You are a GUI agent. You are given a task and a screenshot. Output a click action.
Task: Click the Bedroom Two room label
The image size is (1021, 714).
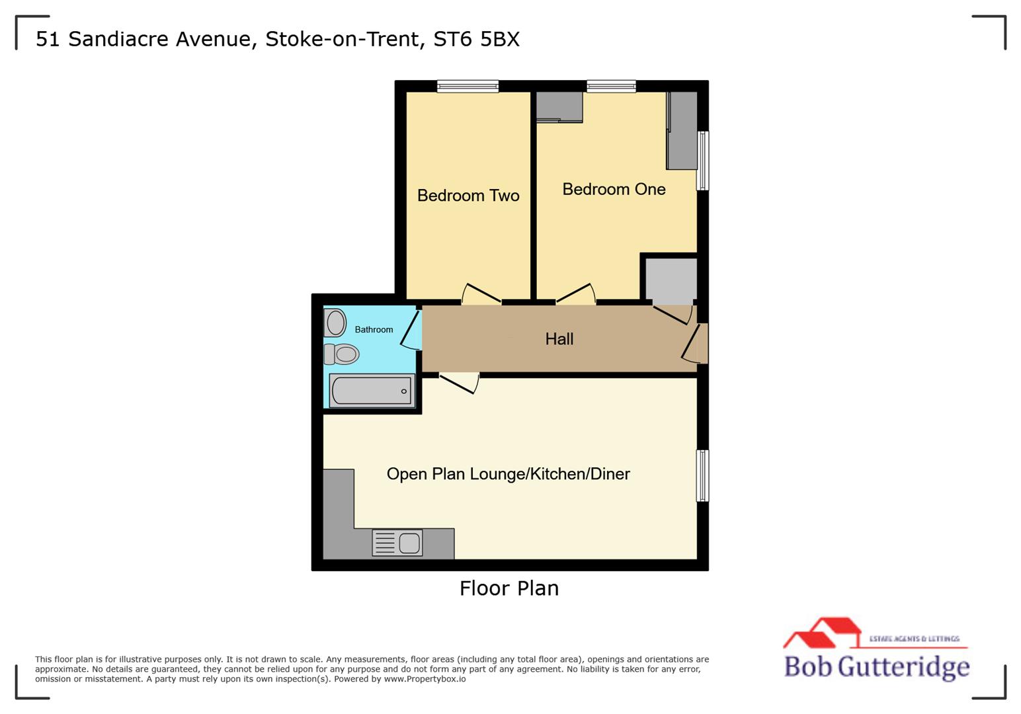[468, 196]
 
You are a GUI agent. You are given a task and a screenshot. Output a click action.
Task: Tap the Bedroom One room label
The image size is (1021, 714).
[614, 189]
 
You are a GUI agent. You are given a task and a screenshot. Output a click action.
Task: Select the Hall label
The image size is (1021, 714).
[559, 339]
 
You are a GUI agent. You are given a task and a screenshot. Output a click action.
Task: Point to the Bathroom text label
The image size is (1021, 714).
[374, 329]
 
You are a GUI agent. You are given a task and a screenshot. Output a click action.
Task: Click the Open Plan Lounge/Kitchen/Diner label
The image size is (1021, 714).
[508, 474]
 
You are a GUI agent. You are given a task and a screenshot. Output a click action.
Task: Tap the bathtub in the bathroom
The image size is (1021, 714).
[372, 391]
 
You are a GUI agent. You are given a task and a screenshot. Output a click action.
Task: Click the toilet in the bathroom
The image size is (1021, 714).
[341, 354]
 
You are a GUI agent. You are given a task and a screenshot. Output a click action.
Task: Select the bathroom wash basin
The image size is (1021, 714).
[335, 323]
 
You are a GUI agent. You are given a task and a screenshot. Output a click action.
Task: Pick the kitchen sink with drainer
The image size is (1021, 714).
[397, 543]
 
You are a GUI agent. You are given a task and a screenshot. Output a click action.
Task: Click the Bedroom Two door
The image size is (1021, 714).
[481, 294]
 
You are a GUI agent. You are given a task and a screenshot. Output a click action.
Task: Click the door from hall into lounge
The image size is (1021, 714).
[459, 383]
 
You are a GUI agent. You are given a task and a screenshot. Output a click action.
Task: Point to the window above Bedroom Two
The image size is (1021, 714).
[468, 86]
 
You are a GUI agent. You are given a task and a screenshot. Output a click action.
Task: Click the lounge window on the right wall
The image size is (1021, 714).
[703, 475]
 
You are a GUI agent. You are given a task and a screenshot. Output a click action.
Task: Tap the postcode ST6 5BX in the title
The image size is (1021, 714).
[476, 39]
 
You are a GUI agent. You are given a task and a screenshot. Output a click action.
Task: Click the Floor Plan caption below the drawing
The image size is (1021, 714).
[509, 588]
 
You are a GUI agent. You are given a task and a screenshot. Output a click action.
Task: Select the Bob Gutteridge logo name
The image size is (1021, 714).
[876, 666]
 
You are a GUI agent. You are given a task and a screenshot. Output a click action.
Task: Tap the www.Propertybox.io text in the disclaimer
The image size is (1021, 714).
[425, 679]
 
